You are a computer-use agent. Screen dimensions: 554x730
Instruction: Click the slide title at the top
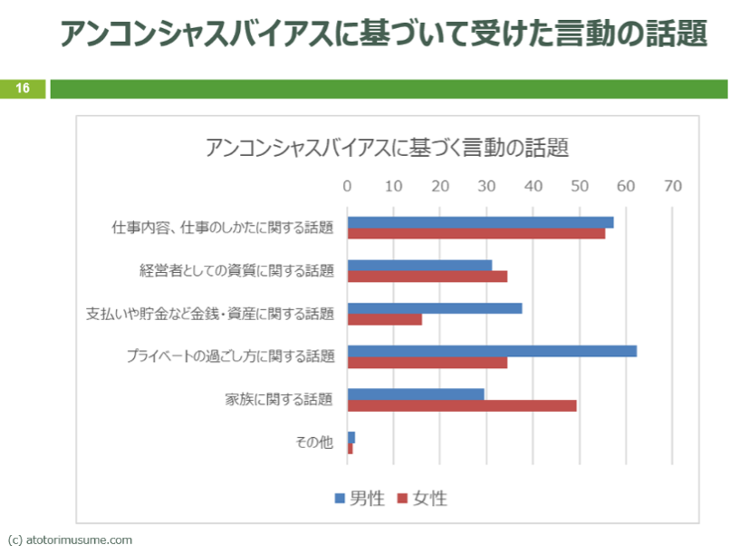[x=383, y=34]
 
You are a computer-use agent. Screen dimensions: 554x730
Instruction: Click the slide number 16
[x=22, y=88]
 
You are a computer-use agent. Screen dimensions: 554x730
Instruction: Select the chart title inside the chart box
[x=387, y=148]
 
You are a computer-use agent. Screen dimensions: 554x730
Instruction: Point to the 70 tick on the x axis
[x=671, y=186]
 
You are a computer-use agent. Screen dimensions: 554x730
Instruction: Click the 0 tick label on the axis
[x=347, y=186]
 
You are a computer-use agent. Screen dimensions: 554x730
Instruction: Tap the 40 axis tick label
[x=533, y=186]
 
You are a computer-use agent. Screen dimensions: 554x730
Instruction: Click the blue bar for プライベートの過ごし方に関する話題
[x=492, y=351]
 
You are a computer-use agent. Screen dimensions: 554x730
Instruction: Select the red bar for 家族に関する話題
[x=462, y=405]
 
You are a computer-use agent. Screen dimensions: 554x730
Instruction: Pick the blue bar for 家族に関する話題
[x=416, y=394]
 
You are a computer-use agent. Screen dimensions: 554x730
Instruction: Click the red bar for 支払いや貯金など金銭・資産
[x=385, y=319]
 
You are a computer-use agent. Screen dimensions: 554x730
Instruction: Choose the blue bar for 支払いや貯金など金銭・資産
[x=435, y=307]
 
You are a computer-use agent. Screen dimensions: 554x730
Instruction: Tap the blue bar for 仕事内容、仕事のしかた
[x=480, y=222]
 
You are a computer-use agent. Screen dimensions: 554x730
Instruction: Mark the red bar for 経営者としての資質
[x=427, y=276]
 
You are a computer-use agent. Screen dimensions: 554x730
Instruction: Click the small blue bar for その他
[x=351, y=437]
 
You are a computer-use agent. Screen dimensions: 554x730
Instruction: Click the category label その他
[x=314, y=442]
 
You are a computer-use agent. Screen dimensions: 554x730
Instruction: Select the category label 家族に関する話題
[x=279, y=399]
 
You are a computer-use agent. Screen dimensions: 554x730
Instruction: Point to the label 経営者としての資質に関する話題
[x=236, y=270]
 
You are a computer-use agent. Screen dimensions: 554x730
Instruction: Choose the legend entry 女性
[x=422, y=498]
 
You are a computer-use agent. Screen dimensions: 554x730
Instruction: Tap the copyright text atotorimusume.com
[x=70, y=539]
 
